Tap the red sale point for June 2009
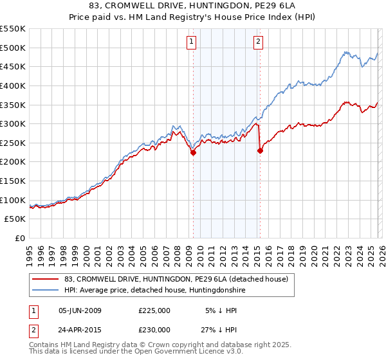pos(193,152)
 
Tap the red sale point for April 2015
pos(260,151)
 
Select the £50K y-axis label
pos(14,219)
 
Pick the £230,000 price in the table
pos(154,329)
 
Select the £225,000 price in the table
pos(154,310)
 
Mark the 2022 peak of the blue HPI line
pos(345,52)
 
